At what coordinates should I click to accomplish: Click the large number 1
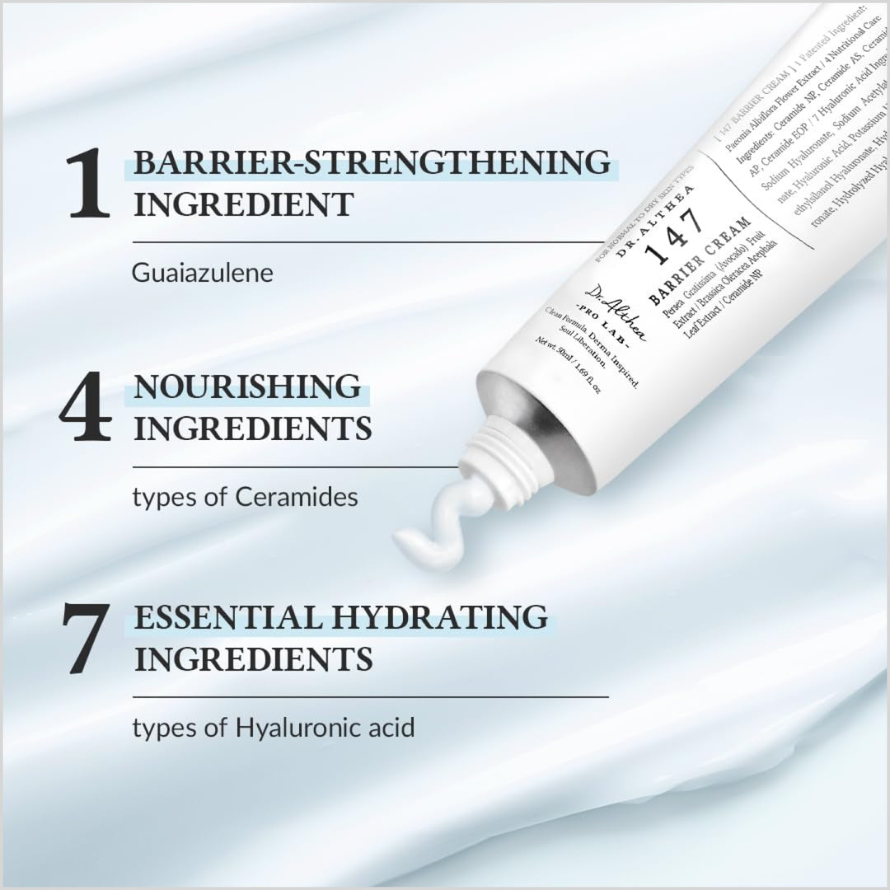point(89,184)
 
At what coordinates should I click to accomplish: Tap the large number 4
point(86,407)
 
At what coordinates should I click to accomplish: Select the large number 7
point(86,639)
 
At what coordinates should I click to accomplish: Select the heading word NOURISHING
point(247,386)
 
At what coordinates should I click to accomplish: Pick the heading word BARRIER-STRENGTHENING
point(372,162)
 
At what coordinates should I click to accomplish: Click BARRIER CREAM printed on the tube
point(700,261)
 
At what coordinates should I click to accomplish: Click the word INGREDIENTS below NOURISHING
point(252,429)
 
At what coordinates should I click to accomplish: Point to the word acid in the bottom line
point(392,728)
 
